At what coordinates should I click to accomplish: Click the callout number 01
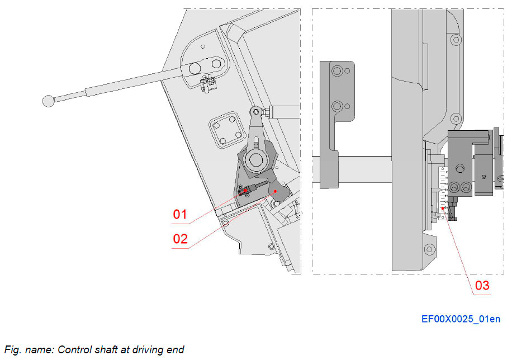point(179,214)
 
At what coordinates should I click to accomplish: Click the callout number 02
point(180,239)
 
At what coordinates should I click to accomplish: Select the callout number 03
point(482,286)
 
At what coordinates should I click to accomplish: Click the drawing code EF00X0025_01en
point(461,319)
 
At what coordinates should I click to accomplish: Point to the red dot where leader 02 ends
point(276,191)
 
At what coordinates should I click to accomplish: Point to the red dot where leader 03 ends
point(442,209)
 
